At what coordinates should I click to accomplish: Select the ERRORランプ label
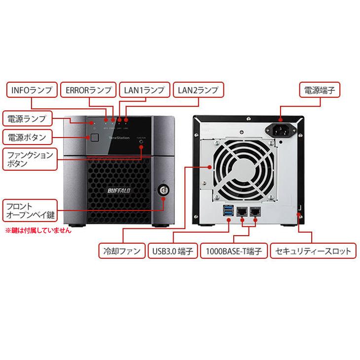[x=89, y=91]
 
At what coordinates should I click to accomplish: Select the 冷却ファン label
[x=119, y=251]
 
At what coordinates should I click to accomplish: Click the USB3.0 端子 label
[x=171, y=251]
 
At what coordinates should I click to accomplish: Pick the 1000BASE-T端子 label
[x=234, y=251]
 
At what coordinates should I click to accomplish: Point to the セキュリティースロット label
[x=314, y=251]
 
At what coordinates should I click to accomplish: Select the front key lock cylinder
[x=163, y=190]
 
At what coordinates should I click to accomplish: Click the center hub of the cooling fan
[x=242, y=169]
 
